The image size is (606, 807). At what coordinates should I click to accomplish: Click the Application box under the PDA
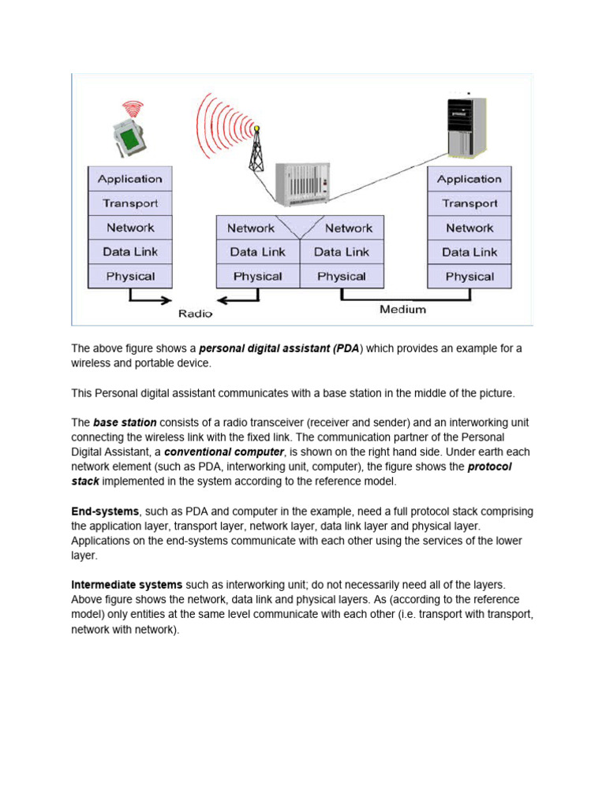pyautogui.click(x=129, y=179)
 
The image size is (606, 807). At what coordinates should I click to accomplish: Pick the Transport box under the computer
pyautogui.click(x=469, y=203)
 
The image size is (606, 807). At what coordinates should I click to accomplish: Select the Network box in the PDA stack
pyautogui.click(x=129, y=228)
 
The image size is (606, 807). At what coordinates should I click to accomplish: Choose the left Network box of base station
pyautogui.click(x=251, y=229)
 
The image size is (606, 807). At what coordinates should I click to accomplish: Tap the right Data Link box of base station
pyautogui.click(x=341, y=252)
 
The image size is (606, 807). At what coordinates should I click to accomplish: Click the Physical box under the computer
pyautogui.click(x=469, y=277)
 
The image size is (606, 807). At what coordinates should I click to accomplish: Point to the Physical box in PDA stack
pyautogui.click(x=129, y=277)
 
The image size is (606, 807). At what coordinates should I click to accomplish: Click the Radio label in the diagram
pyautogui.click(x=195, y=313)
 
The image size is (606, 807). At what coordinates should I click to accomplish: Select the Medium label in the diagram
pyautogui.click(x=402, y=310)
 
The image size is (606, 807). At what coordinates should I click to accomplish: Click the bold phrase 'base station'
pyautogui.click(x=125, y=422)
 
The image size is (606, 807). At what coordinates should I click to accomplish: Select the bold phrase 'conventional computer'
pyautogui.click(x=223, y=452)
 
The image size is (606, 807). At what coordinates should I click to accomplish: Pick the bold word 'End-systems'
pyautogui.click(x=105, y=512)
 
